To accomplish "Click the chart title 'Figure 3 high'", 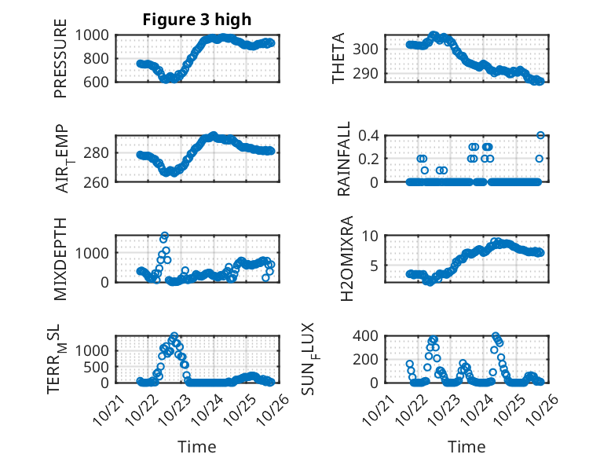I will (x=196, y=20).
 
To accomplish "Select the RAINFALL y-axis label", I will (x=345, y=159).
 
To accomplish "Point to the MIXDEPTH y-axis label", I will (x=60, y=260).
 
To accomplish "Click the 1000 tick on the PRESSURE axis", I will (x=95, y=35).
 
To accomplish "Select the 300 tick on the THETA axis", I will (x=369, y=49).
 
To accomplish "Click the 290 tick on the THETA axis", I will (x=369, y=74).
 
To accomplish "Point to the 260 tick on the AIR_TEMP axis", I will (x=99, y=182).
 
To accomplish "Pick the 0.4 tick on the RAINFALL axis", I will (x=370, y=135).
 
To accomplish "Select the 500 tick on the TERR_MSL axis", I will (x=99, y=366).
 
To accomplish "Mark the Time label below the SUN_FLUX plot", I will (x=466, y=447).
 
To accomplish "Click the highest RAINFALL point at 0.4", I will (x=540, y=135).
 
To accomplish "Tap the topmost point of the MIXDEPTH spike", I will (x=165, y=236).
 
